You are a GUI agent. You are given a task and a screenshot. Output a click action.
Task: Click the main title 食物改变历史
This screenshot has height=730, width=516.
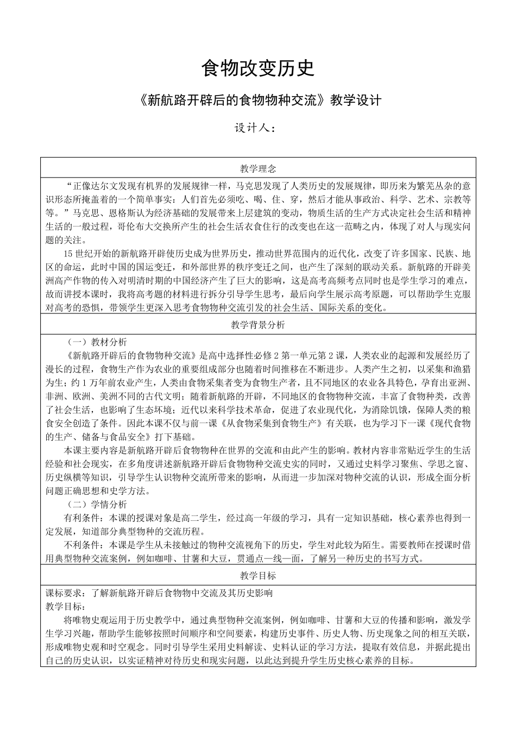(258, 68)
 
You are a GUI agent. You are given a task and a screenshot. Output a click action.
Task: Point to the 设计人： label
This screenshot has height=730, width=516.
(255, 129)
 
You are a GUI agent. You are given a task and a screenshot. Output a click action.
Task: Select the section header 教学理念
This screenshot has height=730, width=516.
(258, 168)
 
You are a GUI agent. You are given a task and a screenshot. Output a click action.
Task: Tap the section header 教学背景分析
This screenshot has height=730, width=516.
(258, 325)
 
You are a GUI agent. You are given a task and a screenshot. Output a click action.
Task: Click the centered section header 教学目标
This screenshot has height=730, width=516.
(258, 575)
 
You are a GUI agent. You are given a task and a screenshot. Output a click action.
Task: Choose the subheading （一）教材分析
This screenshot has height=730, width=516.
(97, 342)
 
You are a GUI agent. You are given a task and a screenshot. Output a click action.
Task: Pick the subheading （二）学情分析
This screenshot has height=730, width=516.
(97, 504)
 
